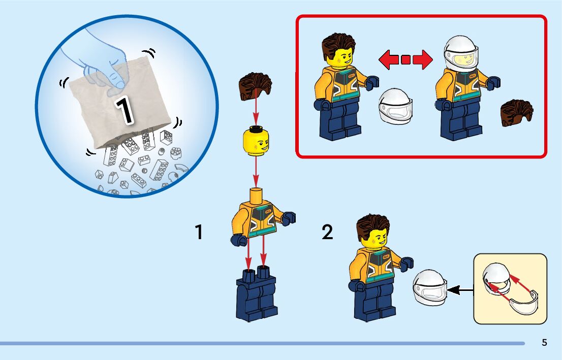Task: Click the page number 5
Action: (x=544, y=343)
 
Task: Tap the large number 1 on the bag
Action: (x=124, y=109)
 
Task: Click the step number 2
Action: (x=328, y=233)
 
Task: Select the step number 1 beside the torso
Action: (x=199, y=233)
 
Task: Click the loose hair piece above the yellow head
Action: (x=256, y=85)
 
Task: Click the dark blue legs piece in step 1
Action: (x=256, y=297)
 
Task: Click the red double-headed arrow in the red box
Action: (x=405, y=60)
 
